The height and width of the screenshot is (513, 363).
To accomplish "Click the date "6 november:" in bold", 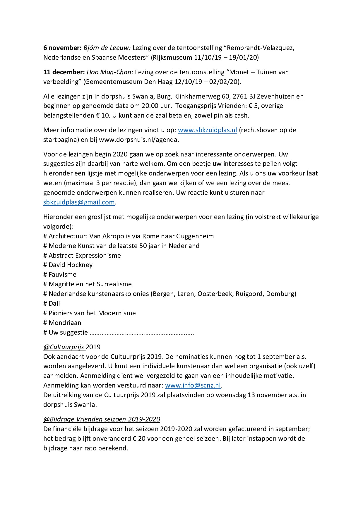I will [62, 48].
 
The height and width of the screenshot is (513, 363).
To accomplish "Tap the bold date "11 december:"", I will [64, 72].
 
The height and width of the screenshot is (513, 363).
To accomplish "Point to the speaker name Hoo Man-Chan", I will [110, 72].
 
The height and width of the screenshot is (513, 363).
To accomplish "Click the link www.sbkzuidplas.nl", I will [207, 130].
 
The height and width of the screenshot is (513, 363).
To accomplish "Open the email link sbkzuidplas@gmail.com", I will [79, 202].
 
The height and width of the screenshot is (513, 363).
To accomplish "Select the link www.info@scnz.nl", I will [193, 385].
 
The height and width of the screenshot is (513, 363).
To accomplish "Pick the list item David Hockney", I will [70, 265].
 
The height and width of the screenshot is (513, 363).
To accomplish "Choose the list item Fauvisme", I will [62, 274].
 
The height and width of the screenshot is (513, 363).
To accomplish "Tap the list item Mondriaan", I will [65, 323].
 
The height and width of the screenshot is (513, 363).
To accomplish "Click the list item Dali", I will [54, 303].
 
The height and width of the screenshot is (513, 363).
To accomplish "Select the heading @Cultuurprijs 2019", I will [72, 347].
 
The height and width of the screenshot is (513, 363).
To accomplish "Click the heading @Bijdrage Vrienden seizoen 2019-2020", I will [102, 419].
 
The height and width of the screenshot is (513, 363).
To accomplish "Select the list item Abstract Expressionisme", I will [85, 255].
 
